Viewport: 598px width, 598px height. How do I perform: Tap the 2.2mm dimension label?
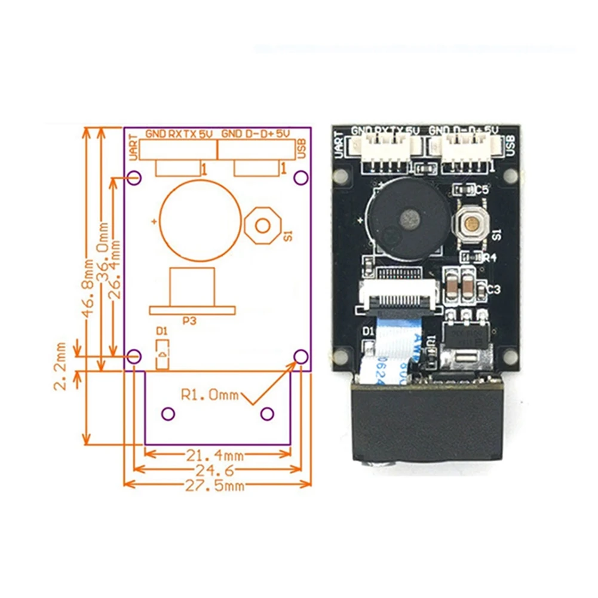click(x=60, y=366)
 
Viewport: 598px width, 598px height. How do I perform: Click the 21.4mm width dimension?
click(x=217, y=456)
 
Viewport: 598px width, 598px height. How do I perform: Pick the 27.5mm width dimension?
click(x=217, y=486)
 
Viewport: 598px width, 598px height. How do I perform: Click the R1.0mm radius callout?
click(x=209, y=394)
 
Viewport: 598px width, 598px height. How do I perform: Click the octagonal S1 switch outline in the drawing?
click(x=263, y=225)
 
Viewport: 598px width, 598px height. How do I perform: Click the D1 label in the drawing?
click(x=161, y=331)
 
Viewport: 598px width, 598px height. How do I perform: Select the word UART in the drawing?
click(x=134, y=148)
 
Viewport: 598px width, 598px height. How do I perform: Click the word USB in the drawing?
click(x=302, y=148)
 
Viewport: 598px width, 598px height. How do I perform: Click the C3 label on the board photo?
click(x=493, y=290)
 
